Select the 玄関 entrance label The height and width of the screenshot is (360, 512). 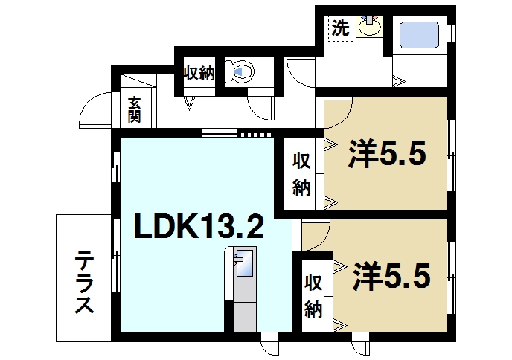pyautogui.click(x=134, y=109)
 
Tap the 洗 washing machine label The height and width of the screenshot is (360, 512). pyautogui.click(x=340, y=29)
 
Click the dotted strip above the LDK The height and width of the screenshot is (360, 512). pyautogui.click(x=257, y=135)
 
